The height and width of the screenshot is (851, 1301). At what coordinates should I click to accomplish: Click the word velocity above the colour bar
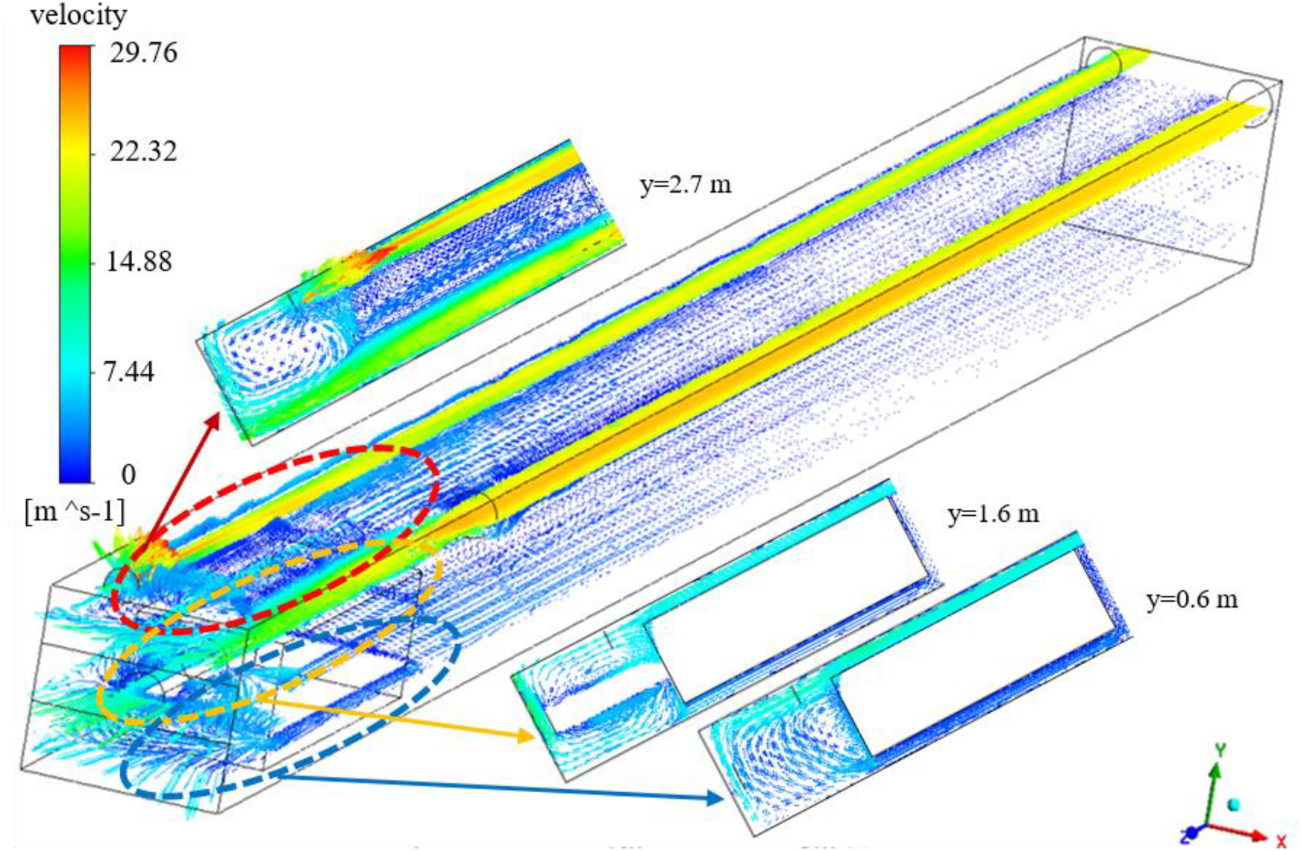78,16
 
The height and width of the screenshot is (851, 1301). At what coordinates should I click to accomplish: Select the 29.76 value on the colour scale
143,53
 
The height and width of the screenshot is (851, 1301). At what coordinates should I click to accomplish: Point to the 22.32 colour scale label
143,152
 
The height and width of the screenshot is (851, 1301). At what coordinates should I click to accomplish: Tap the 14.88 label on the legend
139,262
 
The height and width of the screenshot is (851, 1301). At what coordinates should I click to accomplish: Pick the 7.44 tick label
128,371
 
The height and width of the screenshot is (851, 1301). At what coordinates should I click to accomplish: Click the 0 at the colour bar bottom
128,474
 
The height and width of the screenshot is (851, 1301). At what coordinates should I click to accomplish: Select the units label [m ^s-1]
75,513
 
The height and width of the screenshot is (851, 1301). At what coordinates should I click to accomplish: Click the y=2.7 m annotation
686,184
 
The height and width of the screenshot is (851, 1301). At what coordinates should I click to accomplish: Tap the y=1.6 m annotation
993,514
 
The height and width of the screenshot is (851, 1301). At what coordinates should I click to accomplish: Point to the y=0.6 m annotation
1191,599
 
